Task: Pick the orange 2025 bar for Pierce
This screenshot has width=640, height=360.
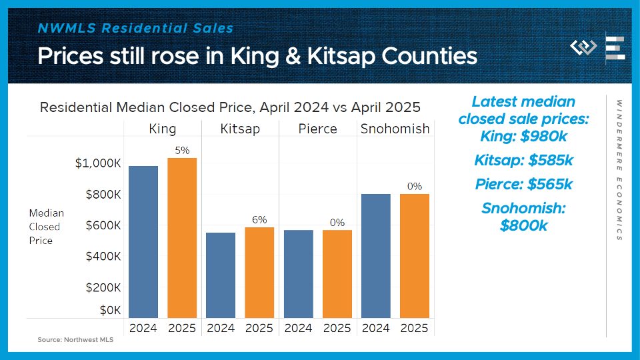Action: pyautogui.click(x=337, y=273)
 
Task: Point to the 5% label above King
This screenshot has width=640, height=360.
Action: pyautogui.click(x=182, y=151)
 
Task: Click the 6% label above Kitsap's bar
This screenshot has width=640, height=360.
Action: pyautogui.click(x=259, y=219)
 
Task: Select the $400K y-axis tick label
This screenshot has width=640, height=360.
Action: pyautogui.click(x=103, y=257)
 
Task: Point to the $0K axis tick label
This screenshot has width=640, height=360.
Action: pyautogui.click(x=109, y=310)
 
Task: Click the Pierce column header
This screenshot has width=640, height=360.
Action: pyautogui.click(x=317, y=129)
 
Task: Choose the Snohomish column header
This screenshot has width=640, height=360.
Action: pyautogui.click(x=395, y=129)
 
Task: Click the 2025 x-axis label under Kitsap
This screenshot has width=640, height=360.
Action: pyautogui.click(x=259, y=328)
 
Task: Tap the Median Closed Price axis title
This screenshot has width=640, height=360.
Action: pyautogui.click(x=47, y=227)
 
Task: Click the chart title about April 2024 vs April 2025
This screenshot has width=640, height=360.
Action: pyautogui.click(x=230, y=107)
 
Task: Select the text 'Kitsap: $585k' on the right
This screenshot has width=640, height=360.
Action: pyautogui.click(x=523, y=161)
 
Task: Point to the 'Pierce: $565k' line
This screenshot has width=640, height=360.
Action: pyautogui.click(x=523, y=185)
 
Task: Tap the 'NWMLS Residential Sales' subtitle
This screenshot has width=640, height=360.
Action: pyautogui.click(x=135, y=29)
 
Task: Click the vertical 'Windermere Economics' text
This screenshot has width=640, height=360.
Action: pyautogui.click(x=619, y=170)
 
